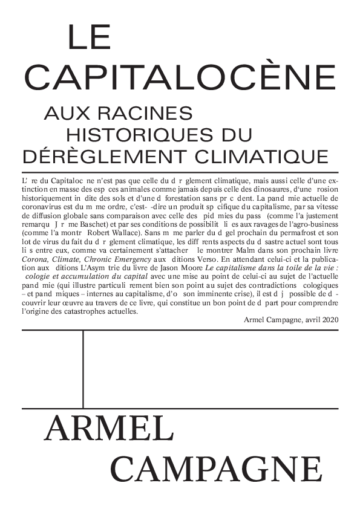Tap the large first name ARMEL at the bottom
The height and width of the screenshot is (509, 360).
[x=109, y=430]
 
